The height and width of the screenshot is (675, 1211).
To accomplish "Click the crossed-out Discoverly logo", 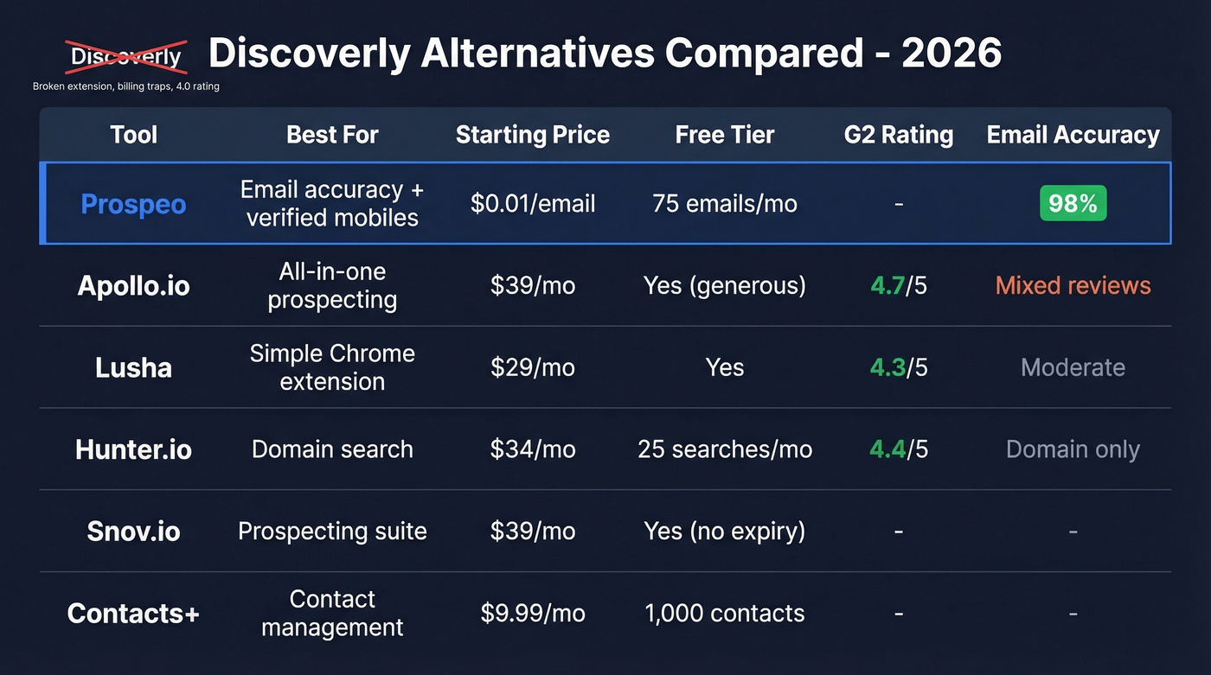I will coord(126,57).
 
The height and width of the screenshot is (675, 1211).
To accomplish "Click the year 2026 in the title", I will coord(951,54).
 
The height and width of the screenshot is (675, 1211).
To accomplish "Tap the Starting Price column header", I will coord(532,135).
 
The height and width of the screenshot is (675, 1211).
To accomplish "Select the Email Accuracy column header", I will coord(1073,135).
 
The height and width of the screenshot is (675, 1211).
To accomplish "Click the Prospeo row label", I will coord(133,204).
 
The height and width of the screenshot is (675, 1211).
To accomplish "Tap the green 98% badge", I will coord(1073,204).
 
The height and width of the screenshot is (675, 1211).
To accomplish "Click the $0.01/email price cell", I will coord(533,204).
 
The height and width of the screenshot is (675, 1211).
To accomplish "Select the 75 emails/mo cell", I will coord(725,204).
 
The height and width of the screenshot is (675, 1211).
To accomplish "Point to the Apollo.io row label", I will coord(133,285).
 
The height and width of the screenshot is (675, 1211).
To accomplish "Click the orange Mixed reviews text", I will coord(1073,285).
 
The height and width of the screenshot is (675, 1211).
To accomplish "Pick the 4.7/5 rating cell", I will coord(899,285).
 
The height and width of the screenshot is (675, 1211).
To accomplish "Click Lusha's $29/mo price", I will coord(533,367).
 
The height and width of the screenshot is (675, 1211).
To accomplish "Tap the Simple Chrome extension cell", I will coord(332,367).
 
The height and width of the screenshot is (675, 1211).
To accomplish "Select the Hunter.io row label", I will coord(133,449).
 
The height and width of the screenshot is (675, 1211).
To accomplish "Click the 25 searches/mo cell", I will coord(725,449).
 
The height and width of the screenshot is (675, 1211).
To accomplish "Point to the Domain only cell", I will coord(1073,449).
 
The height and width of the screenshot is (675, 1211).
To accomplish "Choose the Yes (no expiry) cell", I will coord(725,531).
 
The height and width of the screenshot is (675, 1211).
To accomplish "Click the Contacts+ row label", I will coord(133,613).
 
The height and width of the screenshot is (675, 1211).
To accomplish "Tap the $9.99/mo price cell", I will coord(533,613).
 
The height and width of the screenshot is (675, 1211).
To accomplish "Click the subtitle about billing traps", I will coord(126,86).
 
